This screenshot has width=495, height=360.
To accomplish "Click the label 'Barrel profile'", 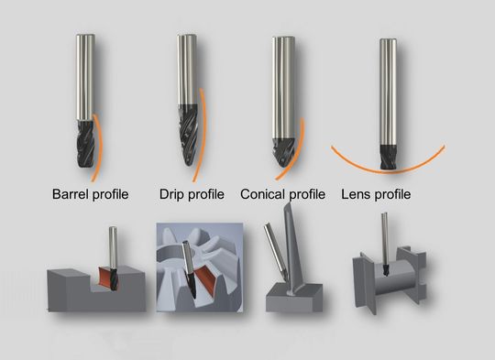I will point(89,194).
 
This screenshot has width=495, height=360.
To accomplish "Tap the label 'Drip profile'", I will point(192,194).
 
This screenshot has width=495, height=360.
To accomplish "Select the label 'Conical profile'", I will point(283,194).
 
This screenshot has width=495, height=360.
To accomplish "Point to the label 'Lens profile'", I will point(375,194).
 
